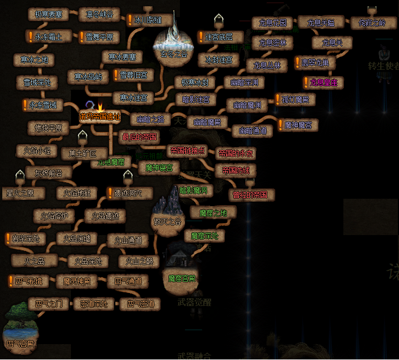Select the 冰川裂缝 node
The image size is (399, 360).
tap(152, 20)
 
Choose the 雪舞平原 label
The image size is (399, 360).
tap(102, 37)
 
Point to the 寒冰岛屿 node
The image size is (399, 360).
tap(88, 77)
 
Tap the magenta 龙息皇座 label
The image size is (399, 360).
tap(324, 83)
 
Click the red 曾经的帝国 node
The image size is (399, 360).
tap(253, 195)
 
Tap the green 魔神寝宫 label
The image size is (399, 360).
tap(158, 168)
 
